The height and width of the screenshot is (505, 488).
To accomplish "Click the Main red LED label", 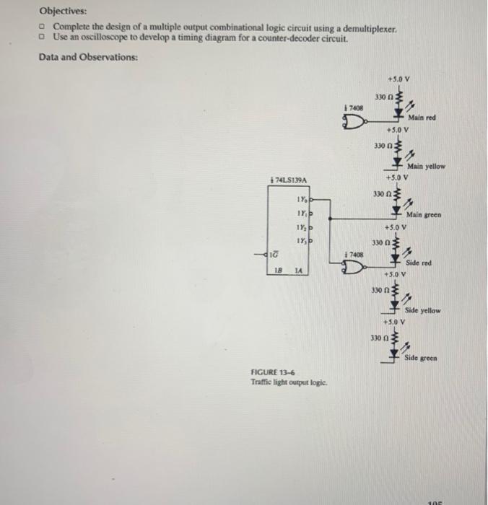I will tap(422, 117).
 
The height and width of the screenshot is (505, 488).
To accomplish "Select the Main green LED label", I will tap(424, 214).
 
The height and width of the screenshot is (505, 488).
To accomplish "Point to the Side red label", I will tap(419, 263).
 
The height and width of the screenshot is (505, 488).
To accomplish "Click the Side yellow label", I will tap(423, 310).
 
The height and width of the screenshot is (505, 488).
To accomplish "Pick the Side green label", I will tap(421, 358).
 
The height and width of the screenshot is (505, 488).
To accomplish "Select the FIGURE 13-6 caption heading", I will tap(270, 372).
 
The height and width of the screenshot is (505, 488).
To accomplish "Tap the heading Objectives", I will tap(62, 11).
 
